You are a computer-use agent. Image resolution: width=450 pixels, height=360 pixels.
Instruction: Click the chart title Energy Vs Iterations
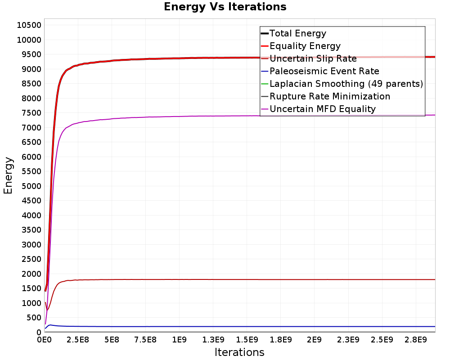(225, 7)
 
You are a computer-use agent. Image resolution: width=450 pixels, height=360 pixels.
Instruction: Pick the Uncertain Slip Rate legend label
(313, 58)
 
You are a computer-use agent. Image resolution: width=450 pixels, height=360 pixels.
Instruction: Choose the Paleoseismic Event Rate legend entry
(324, 71)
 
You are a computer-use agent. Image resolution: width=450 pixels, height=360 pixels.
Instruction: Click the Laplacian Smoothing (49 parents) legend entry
(346, 84)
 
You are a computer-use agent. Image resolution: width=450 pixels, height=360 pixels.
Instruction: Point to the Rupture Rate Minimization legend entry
(330, 96)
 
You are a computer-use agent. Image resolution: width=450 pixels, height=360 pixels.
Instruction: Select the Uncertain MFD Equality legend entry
(323, 109)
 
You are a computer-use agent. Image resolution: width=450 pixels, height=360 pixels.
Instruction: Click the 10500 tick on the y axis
(29, 25)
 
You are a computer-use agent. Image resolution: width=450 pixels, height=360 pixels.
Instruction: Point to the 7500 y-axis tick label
(31, 113)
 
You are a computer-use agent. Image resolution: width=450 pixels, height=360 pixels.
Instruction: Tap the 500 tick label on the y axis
(34, 318)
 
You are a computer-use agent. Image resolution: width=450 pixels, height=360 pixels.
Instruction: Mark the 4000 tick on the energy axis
(31, 215)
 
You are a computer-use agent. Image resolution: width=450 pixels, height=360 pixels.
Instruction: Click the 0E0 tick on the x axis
(45, 340)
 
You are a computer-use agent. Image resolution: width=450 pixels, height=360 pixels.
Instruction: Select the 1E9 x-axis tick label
(180, 340)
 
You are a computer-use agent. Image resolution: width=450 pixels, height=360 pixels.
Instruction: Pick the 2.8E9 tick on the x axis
(415, 340)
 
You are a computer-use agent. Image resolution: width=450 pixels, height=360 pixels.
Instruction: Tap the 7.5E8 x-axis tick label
(145, 340)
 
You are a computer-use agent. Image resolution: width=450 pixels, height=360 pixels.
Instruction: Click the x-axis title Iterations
(239, 352)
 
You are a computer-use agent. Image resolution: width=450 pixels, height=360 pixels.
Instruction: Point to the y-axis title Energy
(8, 175)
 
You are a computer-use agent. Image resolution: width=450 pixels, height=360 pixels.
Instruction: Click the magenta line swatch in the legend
(265, 109)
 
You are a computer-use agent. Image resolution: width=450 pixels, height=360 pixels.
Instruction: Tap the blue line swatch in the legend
(265, 71)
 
